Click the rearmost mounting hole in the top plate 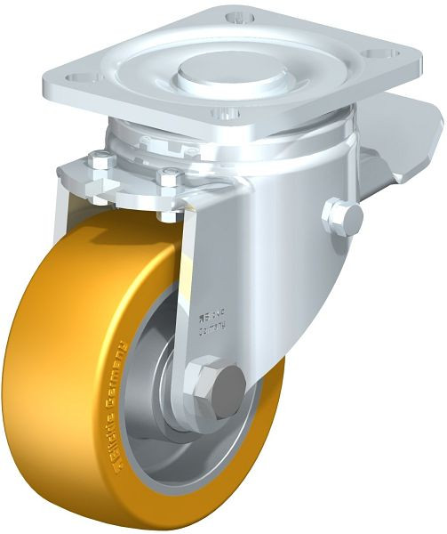(x=236, y=17)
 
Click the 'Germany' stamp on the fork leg (x=210, y=327)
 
